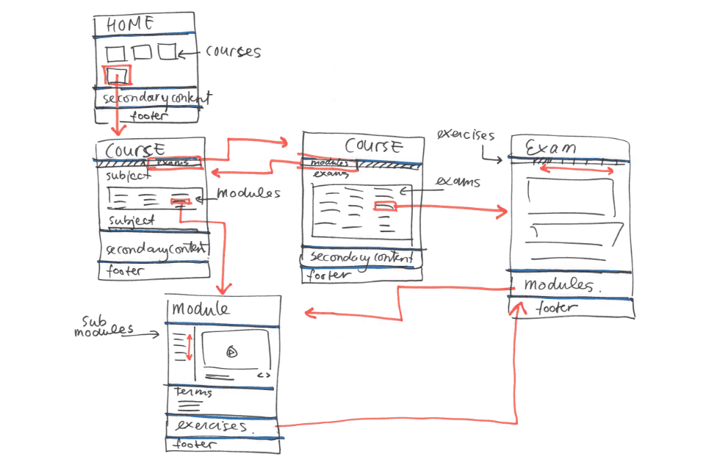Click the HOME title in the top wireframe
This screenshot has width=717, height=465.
point(131,24)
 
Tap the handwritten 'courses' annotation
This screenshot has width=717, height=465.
point(233,52)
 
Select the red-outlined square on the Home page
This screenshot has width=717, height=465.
point(118,75)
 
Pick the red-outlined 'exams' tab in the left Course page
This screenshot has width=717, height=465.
point(174,163)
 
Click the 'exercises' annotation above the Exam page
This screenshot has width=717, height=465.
point(465,135)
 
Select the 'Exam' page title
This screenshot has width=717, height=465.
point(550,148)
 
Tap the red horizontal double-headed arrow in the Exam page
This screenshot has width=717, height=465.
point(577,170)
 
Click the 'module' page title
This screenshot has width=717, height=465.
point(201,309)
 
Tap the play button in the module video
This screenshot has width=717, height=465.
point(231,351)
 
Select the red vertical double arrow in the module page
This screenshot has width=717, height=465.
point(189,347)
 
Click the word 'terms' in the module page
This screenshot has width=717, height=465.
point(192,392)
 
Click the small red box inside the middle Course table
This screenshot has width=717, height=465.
point(385,207)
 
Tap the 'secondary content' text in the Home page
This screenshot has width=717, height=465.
point(156,98)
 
